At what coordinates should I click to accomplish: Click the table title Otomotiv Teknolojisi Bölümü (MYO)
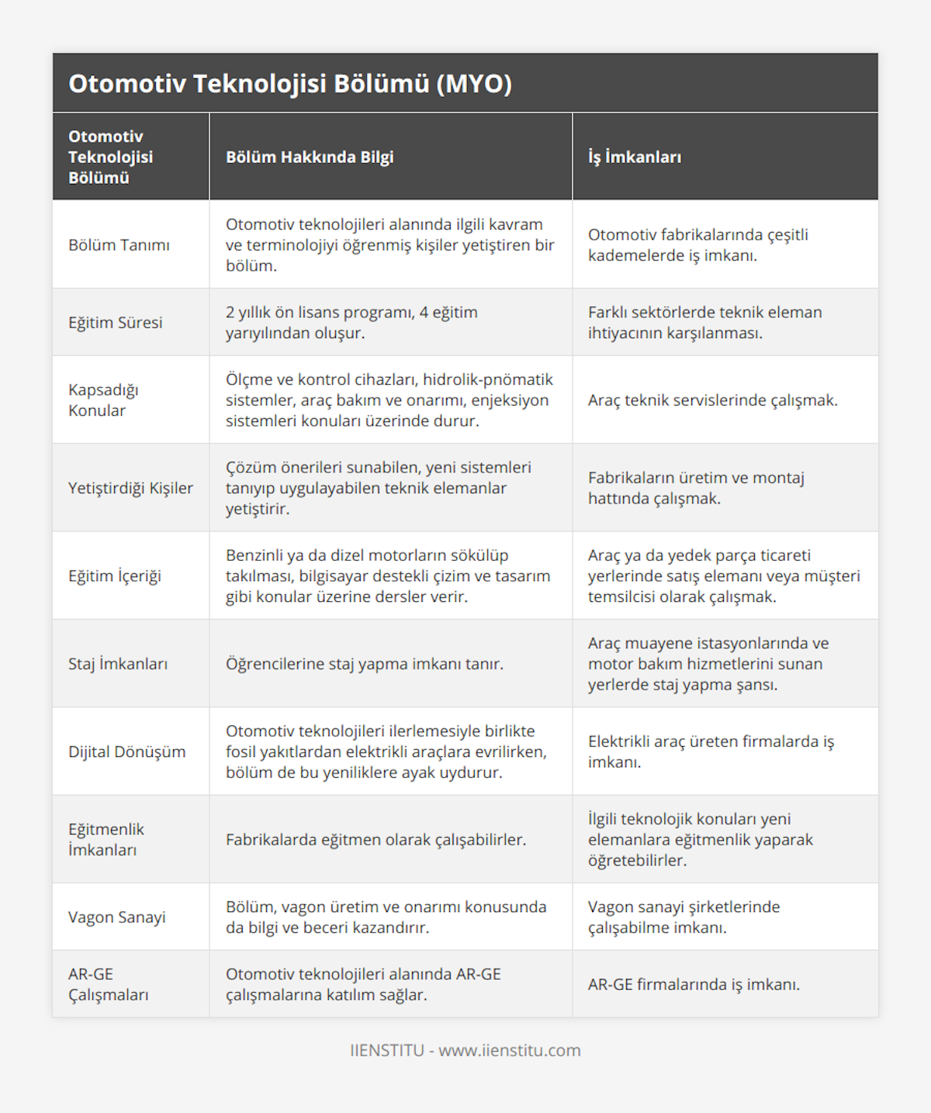tap(290, 84)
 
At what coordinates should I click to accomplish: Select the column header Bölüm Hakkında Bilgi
tap(310, 157)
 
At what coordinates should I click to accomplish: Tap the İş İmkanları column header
tap(635, 157)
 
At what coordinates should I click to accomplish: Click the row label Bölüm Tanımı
tap(119, 245)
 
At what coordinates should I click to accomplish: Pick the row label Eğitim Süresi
tap(116, 323)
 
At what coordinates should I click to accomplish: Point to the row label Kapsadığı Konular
tap(103, 400)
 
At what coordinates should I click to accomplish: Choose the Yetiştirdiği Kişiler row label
tap(130, 488)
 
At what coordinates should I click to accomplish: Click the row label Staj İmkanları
tap(118, 664)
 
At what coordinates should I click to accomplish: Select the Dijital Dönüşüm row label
tap(127, 752)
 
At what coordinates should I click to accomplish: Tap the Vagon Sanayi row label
tap(117, 917)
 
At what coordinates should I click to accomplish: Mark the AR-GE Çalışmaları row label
tap(108, 984)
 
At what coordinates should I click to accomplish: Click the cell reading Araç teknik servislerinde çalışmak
tap(712, 400)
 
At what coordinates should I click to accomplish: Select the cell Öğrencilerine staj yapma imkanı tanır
tap(365, 664)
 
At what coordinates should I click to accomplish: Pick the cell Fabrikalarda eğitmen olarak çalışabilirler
tap(376, 839)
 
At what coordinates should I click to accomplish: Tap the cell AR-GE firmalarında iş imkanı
tap(694, 984)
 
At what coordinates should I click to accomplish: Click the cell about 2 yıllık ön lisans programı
tap(351, 323)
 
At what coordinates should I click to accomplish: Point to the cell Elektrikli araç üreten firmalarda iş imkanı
tap(711, 752)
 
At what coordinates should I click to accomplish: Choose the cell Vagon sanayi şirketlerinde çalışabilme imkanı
tap(684, 917)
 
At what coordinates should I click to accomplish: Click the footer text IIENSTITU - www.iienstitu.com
tap(465, 1050)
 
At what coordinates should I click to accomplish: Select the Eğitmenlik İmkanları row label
tap(106, 839)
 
